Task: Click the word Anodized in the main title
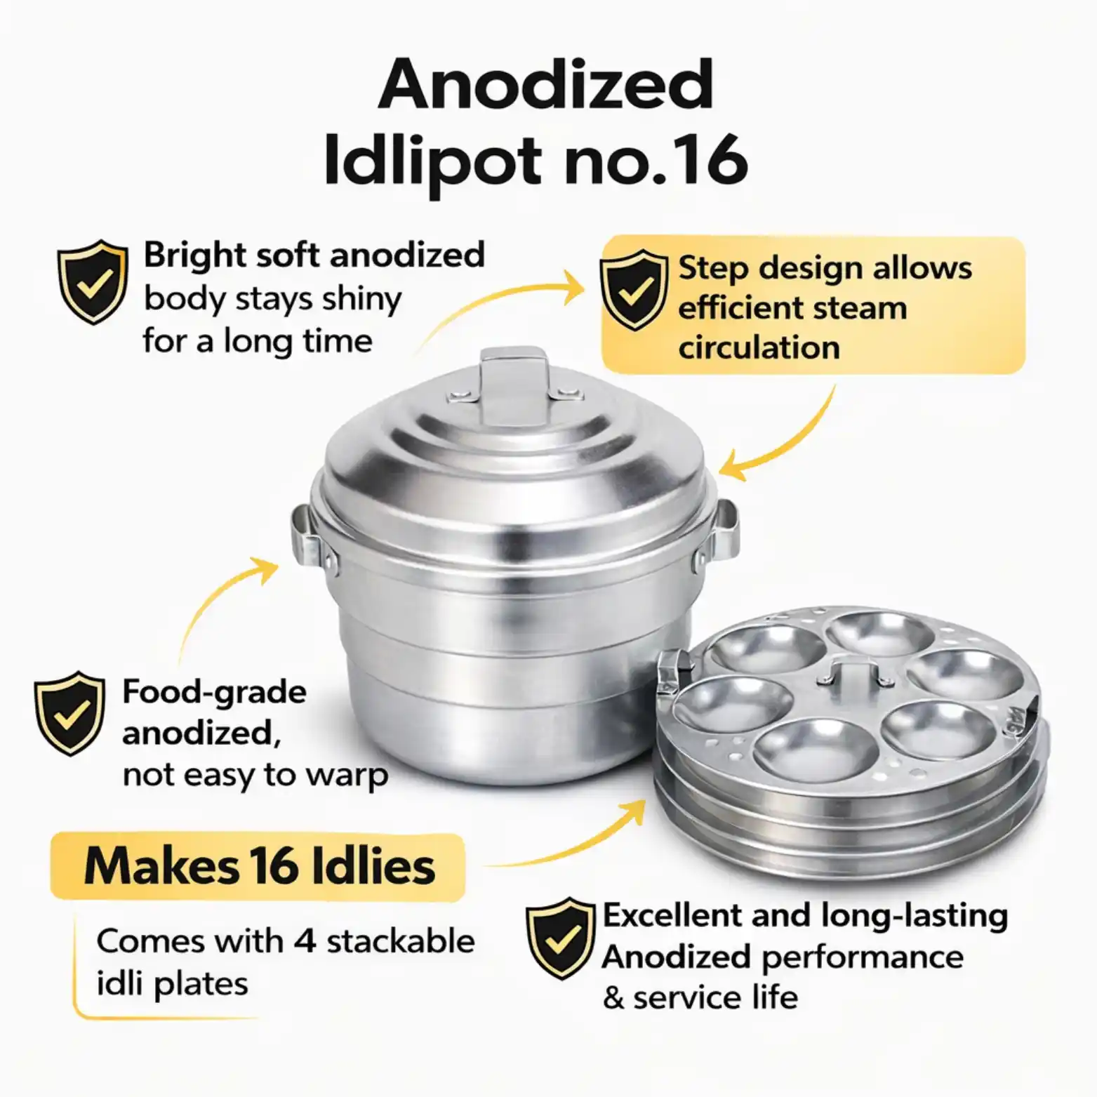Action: coord(546,84)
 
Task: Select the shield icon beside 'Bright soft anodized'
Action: coord(93,281)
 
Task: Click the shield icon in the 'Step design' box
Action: coord(634,289)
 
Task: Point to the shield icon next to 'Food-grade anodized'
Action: coord(69,713)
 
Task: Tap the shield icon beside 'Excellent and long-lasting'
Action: coord(561,938)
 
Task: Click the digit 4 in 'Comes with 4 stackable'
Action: coord(305,941)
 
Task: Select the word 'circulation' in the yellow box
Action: coord(759,348)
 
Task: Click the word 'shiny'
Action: coord(361,300)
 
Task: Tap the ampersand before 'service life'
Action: coord(613,997)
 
